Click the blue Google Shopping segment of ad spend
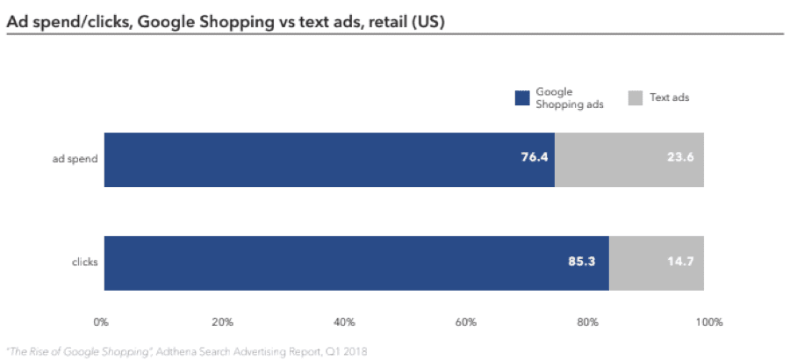329,160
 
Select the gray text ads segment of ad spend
629,160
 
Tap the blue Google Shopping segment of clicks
356,263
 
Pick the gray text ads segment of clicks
657,263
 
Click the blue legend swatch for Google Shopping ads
522,97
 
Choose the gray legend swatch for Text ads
635,97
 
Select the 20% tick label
222,321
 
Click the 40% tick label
343,321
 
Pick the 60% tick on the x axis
464,321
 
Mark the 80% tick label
585,321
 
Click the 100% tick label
707,321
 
